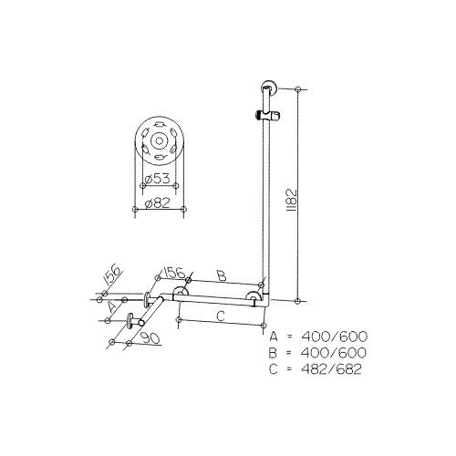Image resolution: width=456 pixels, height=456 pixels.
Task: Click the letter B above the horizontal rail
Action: point(221,274)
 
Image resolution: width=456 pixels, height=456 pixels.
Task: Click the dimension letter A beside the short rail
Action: point(112,308)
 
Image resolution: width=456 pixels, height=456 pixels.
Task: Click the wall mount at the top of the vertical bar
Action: point(266,89)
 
